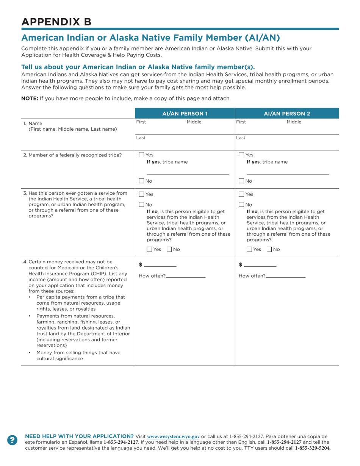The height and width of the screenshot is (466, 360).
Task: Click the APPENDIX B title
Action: point(56,22)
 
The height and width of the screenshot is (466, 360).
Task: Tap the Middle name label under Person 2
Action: point(294,122)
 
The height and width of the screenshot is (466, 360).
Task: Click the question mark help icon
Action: point(13,439)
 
